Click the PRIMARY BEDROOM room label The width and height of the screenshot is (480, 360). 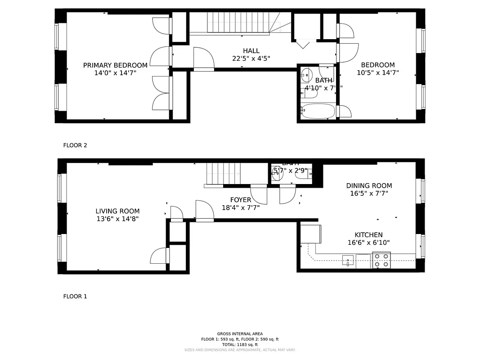115,65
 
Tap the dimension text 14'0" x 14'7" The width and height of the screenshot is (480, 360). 115,73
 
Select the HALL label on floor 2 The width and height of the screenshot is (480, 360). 251,51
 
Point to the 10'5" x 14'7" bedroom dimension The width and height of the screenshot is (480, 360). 377,72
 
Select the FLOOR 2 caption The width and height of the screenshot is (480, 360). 75,145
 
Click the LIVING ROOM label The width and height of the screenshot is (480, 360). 117,211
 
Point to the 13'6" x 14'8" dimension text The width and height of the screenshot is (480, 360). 117,219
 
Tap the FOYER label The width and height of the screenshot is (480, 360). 241,200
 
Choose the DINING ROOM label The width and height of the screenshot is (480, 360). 369,185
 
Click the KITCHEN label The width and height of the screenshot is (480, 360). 368,235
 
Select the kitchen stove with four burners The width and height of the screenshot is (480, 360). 381,261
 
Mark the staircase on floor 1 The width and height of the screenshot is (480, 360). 224,173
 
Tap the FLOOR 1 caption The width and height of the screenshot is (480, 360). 75,297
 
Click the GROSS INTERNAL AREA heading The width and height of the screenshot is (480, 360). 240,333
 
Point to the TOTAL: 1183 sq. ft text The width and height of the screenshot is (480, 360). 240,344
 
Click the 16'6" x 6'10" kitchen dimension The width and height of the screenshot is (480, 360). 368,243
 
